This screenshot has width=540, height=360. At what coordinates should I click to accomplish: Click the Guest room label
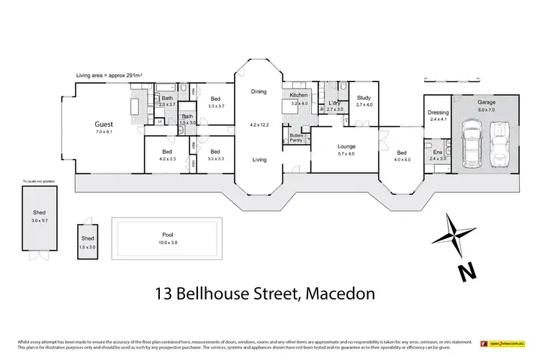pyautogui.click(x=103, y=123)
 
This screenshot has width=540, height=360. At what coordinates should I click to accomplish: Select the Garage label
pyautogui.click(x=487, y=102)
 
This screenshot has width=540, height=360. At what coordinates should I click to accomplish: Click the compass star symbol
pyautogui.click(x=451, y=235)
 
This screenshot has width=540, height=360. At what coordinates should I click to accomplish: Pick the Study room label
pyautogui.click(x=364, y=97)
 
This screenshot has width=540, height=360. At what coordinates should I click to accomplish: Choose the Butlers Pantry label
pyautogui.click(x=297, y=138)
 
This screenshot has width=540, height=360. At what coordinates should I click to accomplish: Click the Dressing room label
pyautogui.click(x=438, y=112)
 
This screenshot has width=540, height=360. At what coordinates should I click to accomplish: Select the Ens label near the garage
pyautogui.click(x=438, y=152)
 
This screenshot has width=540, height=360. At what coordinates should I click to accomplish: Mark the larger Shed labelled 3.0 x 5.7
pyautogui.click(x=38, y=217)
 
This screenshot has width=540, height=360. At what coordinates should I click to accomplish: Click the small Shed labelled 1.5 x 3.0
pyautogui.click(x=87, y=243)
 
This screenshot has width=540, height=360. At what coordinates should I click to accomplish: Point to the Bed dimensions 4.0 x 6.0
pyautogui.click(x=402, y=160)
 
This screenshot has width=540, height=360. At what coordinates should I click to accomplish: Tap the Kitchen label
pyautogui.click(x=299, y=96)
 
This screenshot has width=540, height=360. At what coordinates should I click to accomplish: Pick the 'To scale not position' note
pyautogui.click(x=39, y=181)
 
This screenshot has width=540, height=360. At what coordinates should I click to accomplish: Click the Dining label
pyautogui.click(x=258, y=91)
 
